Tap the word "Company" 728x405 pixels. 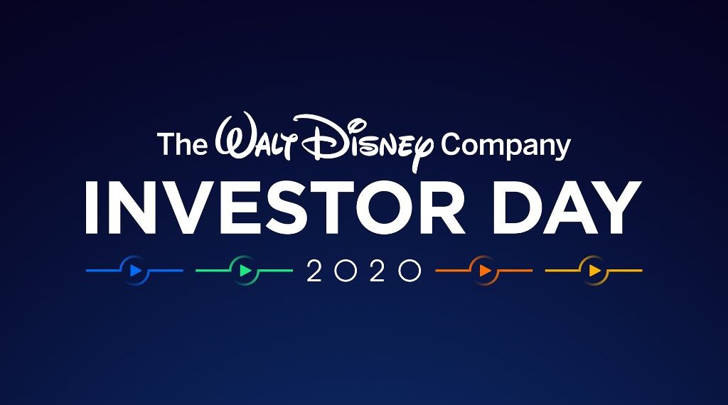pos(505,145)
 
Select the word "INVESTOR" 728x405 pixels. pos(274,208)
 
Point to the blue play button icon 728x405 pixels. pos(134,271)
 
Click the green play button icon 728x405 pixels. pos(244,271)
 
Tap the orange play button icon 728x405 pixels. pos(484,271)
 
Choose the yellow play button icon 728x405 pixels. pos(594,271)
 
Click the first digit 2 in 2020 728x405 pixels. pos(314,271)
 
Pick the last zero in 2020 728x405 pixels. pos(410,271)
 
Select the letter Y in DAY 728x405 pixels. pos(614,208)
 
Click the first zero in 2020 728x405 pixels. pos(346,271)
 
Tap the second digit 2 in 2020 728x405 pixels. pos(378,271)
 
